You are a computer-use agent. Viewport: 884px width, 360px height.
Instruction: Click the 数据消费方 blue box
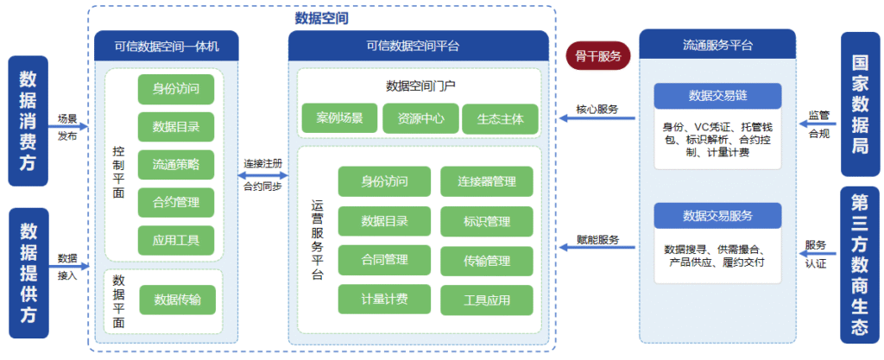(28, 121)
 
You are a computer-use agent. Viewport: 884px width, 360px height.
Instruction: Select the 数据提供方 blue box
(28, 273)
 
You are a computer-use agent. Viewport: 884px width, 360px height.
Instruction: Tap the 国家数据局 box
(859, 104)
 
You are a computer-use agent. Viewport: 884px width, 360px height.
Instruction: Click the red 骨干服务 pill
(598, 56)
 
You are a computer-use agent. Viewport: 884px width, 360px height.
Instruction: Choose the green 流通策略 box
(176, 164)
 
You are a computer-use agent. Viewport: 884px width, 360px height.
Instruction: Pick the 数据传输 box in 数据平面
(177, 300)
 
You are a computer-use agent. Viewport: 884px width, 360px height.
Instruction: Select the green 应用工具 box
(176, 241)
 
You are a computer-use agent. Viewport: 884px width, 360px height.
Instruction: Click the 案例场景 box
(339, 118)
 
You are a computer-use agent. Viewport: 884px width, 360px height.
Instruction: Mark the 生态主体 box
(500, 118)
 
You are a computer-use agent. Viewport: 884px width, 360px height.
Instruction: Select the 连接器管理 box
(487, 181)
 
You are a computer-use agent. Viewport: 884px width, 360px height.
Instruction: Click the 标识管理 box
(487, 222)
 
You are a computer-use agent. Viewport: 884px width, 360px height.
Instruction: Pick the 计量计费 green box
(384, 300)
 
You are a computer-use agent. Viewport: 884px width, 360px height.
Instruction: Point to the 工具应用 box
(487, 300)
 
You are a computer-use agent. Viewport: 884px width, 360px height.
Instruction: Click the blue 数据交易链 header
(717, 95)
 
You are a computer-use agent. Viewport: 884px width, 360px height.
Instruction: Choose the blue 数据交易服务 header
(717, 215)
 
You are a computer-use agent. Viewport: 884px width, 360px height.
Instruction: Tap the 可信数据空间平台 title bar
(419, 46)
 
